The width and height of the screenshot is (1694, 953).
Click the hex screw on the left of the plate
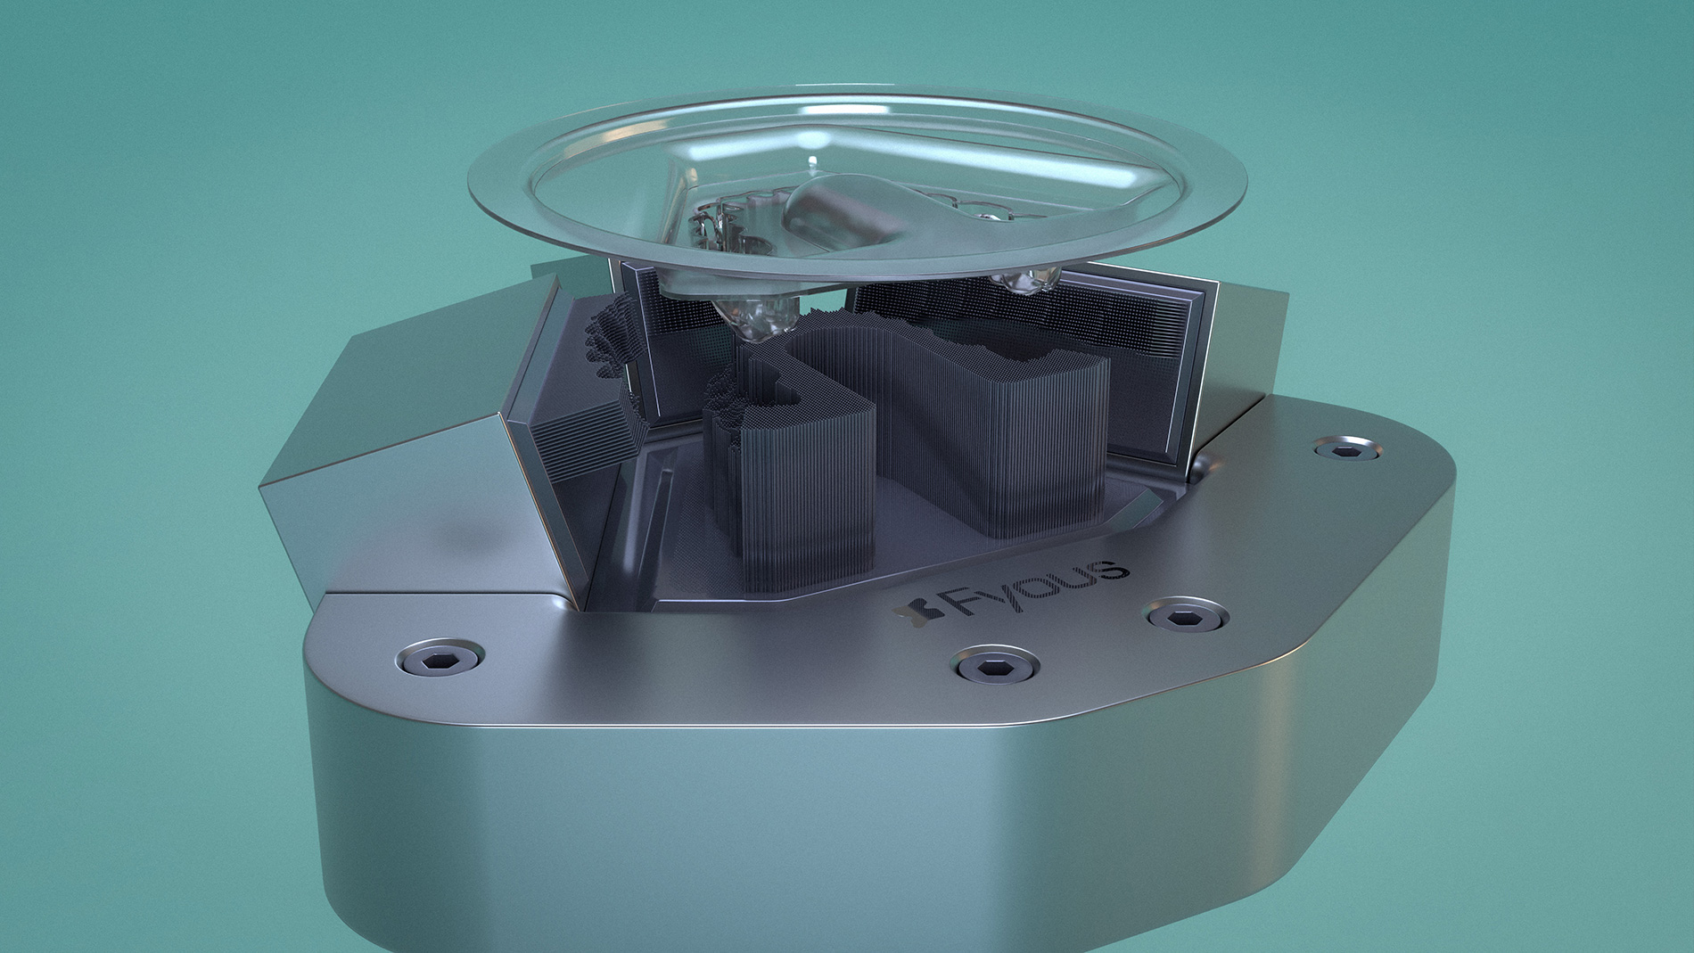pyautogui.click(x=440, y=659)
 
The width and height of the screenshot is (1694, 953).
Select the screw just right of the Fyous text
pyautogui.click(x=1185, y=616)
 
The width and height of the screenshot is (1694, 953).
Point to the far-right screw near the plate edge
pyautogui.click(x=1346, y=448)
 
